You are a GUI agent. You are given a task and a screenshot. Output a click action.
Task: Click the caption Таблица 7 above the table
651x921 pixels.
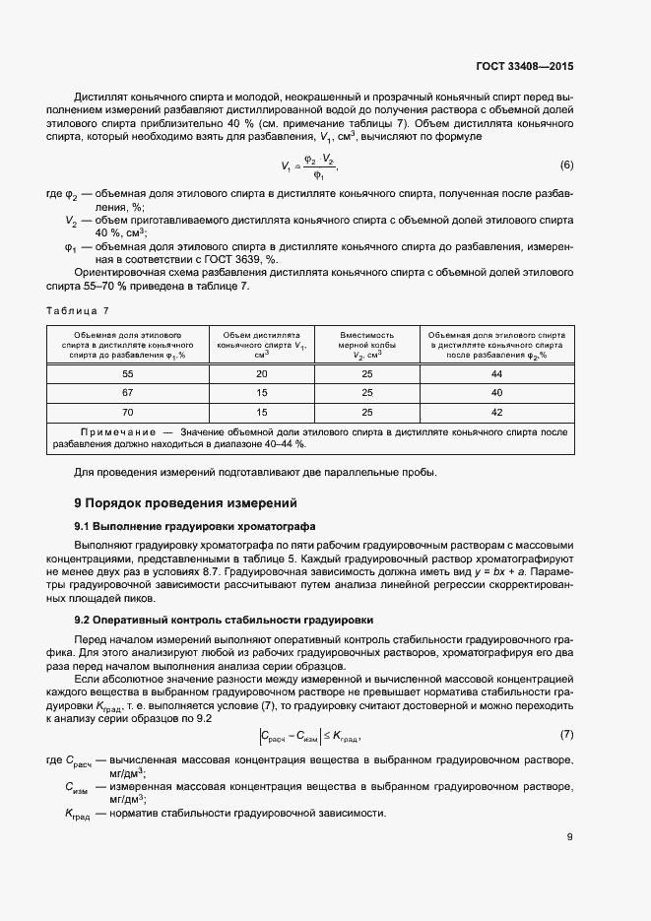(x=79, y=311)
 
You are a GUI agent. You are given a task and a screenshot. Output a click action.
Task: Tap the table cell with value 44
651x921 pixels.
(x=495, y=375)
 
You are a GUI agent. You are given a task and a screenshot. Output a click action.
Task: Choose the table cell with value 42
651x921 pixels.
(x=495, y=412)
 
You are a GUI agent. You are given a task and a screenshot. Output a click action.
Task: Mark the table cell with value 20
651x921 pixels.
(x=261, y=375)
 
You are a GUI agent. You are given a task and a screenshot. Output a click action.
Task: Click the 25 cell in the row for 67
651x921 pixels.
(x=366, y=393)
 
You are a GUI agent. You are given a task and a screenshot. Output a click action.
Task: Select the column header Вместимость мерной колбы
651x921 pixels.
(x=366, y=346)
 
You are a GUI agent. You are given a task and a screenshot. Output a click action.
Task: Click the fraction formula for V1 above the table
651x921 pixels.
(x=309, y=164)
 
